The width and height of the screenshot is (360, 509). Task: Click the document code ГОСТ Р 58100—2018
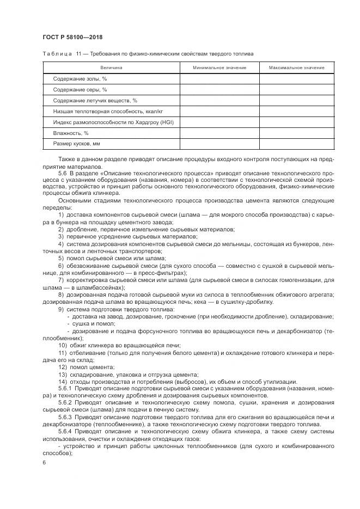pyautogui.click(x=72, y=37)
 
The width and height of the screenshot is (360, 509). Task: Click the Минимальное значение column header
pyautogui.click(x=219, y=68)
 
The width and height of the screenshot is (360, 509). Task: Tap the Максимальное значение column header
pyautogui.click(x=297, y=68)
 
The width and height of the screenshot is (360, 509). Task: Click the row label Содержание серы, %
pyautogui.click(x=80, y=90)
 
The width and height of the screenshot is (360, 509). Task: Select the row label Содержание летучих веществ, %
pyautogui.click(x=95, y=101)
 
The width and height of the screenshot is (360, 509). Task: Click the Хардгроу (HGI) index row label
pyautogui.click(x=113, y=122)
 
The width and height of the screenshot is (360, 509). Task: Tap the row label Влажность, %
pyautogui.click(x=71, y=133)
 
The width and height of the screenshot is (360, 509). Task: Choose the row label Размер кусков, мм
pyautogui.click(x=77, y=144)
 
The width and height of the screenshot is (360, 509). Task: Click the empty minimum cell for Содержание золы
pyautogui.click(x=219, y=79)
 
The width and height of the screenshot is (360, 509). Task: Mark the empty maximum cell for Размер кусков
pyautogui.click(x=297, y=144)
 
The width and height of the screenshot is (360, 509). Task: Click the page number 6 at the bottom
pyautogui.click(x=44, y=462)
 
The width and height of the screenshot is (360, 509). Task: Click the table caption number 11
pyautogui.click(x=79, y=53)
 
